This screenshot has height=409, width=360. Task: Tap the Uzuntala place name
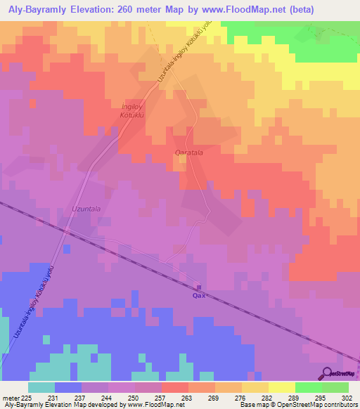tap(86, 209)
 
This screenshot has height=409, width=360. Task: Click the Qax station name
tap(199, 297)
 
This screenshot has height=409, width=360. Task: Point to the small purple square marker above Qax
tap(199, 287)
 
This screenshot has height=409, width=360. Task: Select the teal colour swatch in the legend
tap(41, 387)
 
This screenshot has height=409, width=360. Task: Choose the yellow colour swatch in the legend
tap(281, 387)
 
